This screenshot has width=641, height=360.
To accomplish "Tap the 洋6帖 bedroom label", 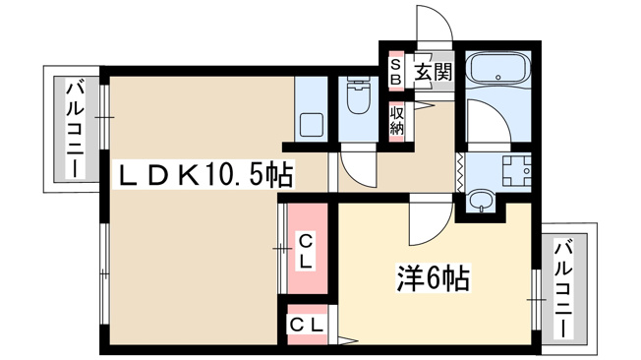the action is [x=433, y=277].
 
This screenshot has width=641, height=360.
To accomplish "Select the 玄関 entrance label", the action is [x=435, y=72].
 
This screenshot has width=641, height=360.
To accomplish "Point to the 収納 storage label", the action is [x=396, y=121].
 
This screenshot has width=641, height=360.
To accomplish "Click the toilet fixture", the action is [x=359, y=95].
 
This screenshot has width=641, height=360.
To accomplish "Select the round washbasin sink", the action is [x=483, y=200].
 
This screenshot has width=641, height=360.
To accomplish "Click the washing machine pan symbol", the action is [x=516, y=170].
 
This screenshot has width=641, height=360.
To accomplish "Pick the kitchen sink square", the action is [x=312, y=125].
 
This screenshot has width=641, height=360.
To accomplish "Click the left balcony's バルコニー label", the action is [x=76, y=129].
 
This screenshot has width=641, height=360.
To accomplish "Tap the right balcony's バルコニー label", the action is [x=563, y=289].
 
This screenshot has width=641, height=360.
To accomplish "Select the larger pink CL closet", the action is [x=308, y=249].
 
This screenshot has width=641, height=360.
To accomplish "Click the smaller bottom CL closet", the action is [x=308, y=325].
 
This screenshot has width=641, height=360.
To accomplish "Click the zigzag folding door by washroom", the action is [x=460, y=172].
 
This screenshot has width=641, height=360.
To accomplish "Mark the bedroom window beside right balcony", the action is [x=536, y=300].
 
